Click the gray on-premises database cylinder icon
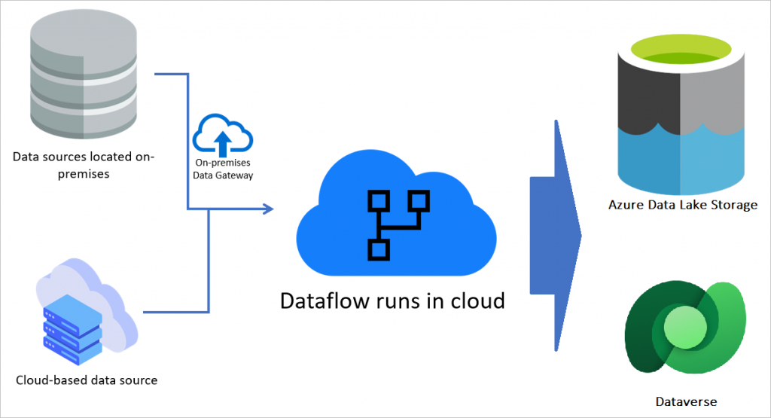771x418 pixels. (x=84, y=76)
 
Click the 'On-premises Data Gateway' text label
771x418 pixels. (x=223, y=169)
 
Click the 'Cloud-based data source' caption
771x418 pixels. (x=87, y=380)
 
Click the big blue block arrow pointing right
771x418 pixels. (x=556, y=234)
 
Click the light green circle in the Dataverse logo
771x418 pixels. (x=683, y=328)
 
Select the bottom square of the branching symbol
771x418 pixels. (x=378, y=249)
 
